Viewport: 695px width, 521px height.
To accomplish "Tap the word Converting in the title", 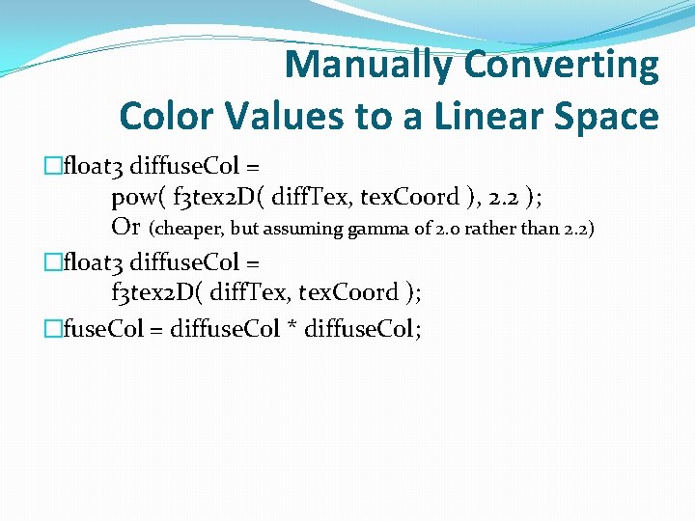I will tap(562, 66).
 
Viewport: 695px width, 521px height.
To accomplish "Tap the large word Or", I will tap(125, 228).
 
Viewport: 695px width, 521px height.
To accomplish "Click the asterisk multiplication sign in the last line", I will tap(291, 329).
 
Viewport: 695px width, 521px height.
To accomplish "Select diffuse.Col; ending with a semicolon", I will tap(362, 329).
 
